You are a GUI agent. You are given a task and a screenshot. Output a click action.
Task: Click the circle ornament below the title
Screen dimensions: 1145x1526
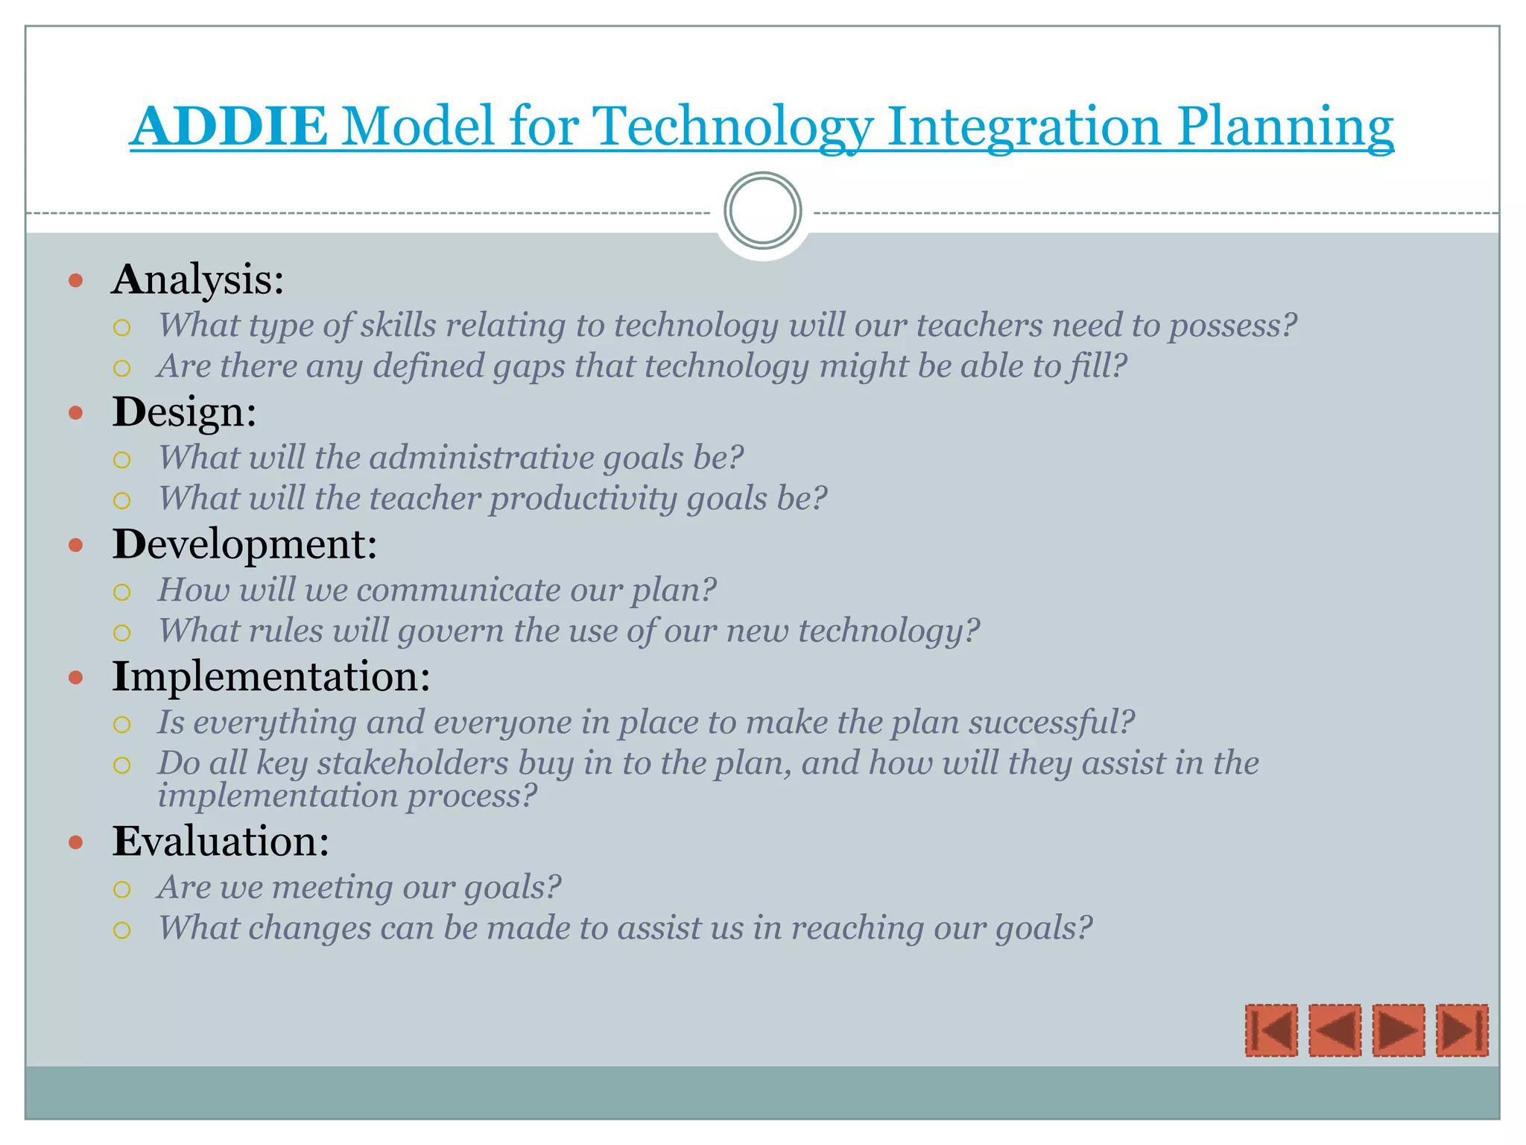click(x=762, y=211)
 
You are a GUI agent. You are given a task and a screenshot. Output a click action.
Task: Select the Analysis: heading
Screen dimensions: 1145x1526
click(x=198, y=280)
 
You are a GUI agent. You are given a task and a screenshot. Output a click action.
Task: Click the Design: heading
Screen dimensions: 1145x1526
click(x=185, y=411)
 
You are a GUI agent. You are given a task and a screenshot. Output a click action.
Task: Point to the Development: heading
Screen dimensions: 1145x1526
click(x=244, y=544)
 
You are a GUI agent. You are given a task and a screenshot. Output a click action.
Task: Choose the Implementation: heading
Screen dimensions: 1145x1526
click(x=271, y=676)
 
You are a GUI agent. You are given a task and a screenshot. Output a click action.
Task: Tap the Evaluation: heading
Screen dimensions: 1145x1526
click(x=221, y=841)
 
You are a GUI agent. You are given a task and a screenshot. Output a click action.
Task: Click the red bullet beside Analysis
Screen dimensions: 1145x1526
click(x=75, y=281)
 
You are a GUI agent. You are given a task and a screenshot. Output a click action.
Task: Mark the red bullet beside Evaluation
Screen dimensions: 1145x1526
click(x=75, y=842)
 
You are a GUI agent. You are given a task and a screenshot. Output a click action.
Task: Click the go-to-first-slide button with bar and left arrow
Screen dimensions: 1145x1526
click(x=1271, y=1030)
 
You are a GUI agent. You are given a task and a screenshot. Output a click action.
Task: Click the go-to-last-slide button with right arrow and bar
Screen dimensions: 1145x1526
click(x=1461, y=1030)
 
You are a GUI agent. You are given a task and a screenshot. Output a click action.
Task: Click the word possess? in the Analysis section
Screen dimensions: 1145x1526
click(x=1232, y=326)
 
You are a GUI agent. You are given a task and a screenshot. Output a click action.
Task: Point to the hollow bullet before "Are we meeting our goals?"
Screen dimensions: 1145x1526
click(x=122, y=889)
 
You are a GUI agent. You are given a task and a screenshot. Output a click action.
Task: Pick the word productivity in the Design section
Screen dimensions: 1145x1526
click(x=583, y=498)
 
